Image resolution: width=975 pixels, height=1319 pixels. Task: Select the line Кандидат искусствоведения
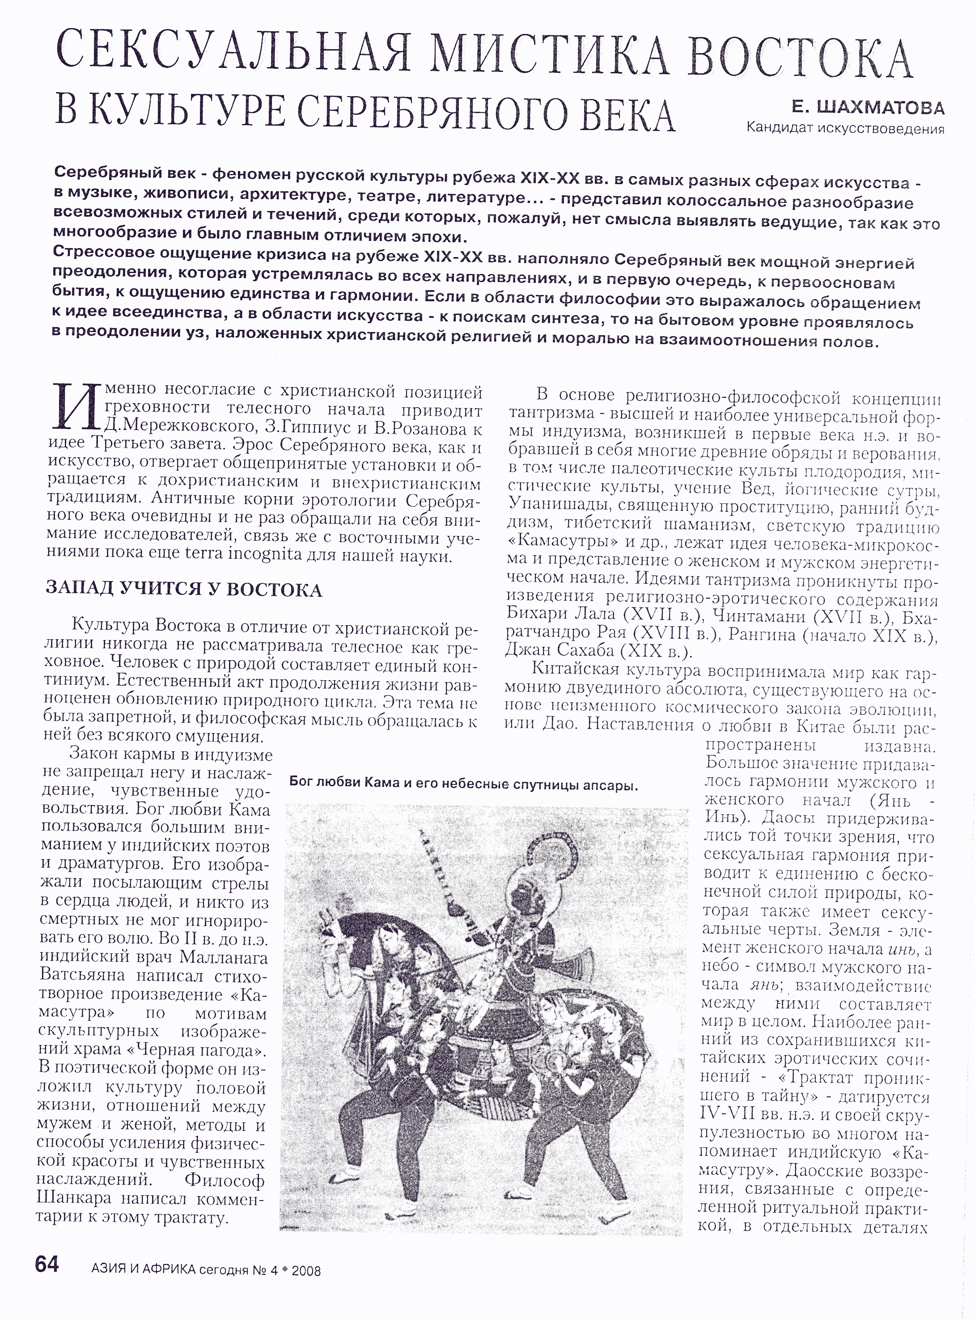click(845, 127)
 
